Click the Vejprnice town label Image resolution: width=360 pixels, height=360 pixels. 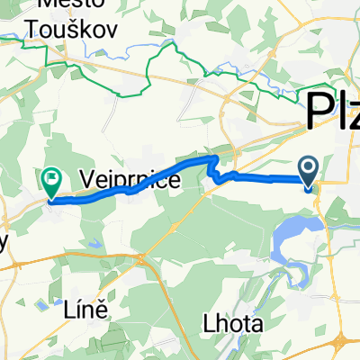click(130, 179)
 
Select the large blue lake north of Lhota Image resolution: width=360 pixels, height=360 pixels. click(288, 238)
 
